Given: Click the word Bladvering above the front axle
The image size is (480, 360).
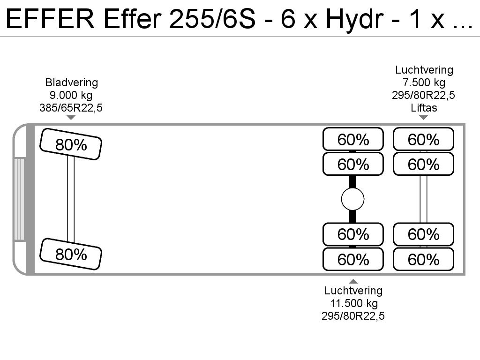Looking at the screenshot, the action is pyautogui.click(x=71, y=82).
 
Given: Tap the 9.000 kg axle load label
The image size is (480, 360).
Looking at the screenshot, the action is pyautogui.click(x=71, y=95).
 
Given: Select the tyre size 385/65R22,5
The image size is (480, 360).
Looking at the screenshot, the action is pyautogui.click(x=71, y=108).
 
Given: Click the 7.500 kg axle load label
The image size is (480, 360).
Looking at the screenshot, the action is pyautogui.click(x=424, y=82).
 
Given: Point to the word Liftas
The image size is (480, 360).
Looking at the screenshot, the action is pyautogui.click(x=424, y=108).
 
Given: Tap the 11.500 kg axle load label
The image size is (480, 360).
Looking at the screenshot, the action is pyautogui.click(x=354, y=303).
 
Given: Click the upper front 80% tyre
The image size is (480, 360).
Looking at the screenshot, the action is pyautogui.click(x=71, y=144).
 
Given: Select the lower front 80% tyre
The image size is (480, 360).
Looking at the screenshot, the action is pyautogui.click(x=71, y=254).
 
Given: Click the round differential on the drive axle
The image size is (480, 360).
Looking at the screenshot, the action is pyautogui.click(x=352, y=199).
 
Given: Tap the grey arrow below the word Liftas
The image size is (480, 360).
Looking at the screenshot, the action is pyautogui.click(x=423, y=117).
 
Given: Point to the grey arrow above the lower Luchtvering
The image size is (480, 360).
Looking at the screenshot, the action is pyautogui.click(x=353, y=281).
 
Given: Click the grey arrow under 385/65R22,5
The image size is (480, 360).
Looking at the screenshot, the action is pyautogui.click(x=71, y=118).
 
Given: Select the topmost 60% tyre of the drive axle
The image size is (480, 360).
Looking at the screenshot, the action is pyautogui.click(x=353, y=139).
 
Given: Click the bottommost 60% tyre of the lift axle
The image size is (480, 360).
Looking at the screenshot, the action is pyautogui.click(x=423, y=259).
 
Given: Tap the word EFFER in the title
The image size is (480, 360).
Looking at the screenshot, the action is pyautogui.click(x=50, y=19).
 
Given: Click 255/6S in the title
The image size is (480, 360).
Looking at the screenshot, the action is pyautogui.click(x=212, y=19).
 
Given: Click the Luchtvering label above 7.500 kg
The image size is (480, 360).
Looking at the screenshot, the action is pyautogui.click(x=424, y=70).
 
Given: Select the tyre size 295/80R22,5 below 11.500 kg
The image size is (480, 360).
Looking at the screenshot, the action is pyautogui.click(x=353, y=316).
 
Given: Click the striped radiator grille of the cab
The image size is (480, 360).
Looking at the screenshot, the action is pyautogui.click(x=19, y=199).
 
